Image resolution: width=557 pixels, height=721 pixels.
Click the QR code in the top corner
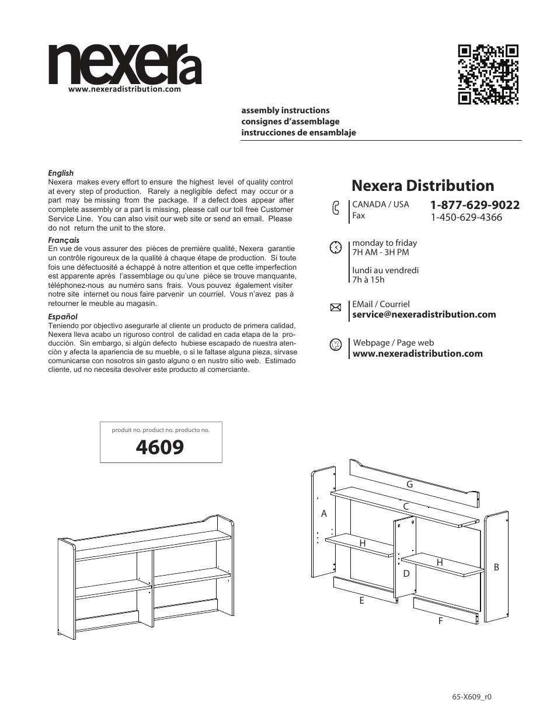[x=488, y=74]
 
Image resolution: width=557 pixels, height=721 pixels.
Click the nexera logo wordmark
[x=125, y=65]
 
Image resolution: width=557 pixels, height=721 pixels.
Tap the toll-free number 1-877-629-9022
[x=475, y=205]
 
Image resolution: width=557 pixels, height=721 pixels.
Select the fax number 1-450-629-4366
[x=466, y=218]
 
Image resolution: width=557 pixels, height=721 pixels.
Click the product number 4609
[x=160, y=448]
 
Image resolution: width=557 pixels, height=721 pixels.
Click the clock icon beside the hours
[x=335, y=247]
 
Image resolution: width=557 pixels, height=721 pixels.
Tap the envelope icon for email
[x=335, y=308]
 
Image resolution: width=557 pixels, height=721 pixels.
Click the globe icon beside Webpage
[x=335, y=344]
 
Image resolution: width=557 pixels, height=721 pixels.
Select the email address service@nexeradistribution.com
[x=424, y=315]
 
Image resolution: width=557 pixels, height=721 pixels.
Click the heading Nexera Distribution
[x=423, y=186]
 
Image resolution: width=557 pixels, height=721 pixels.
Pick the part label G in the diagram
[x=409, y=485]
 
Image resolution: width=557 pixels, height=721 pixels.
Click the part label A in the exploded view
[x=324, y=514]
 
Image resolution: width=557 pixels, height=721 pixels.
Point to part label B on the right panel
[x=496, y=567]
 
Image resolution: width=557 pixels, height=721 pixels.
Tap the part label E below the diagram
[x=361, y=600]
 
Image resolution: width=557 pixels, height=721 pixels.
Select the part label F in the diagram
[x=440, y=621]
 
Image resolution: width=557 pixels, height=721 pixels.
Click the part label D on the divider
[x=406, y=574]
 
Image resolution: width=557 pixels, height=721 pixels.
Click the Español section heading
[x=62, y=316]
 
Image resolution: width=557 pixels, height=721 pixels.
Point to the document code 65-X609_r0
[x=472, y=697]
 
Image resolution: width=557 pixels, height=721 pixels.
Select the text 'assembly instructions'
[x=286, y=110]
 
